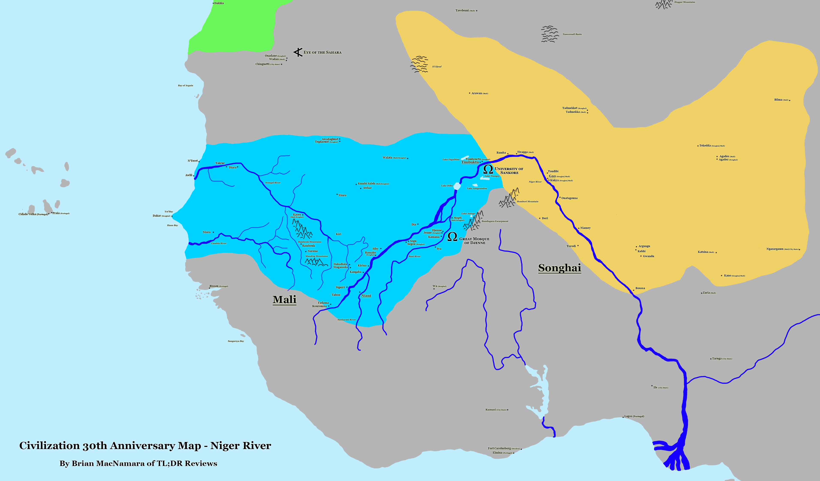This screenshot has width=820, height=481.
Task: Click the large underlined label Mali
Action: coord(284,299)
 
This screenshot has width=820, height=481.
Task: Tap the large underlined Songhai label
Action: coord(559,268)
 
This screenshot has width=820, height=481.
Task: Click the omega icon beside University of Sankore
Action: coord(488,169)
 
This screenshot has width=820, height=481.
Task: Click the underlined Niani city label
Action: coord(366,296)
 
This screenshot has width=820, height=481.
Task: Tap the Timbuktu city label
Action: coord(470,162)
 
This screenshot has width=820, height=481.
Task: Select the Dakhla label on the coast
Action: coord(219,3)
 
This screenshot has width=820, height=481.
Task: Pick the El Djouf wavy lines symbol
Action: coord(419,64)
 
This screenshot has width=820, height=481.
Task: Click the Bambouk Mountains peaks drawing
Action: coord(302,229)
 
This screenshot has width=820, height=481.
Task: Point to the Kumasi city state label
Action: coord(496,410)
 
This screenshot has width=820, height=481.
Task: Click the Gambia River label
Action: coord(219,243)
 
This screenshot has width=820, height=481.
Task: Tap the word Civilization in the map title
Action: coord(49,446)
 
